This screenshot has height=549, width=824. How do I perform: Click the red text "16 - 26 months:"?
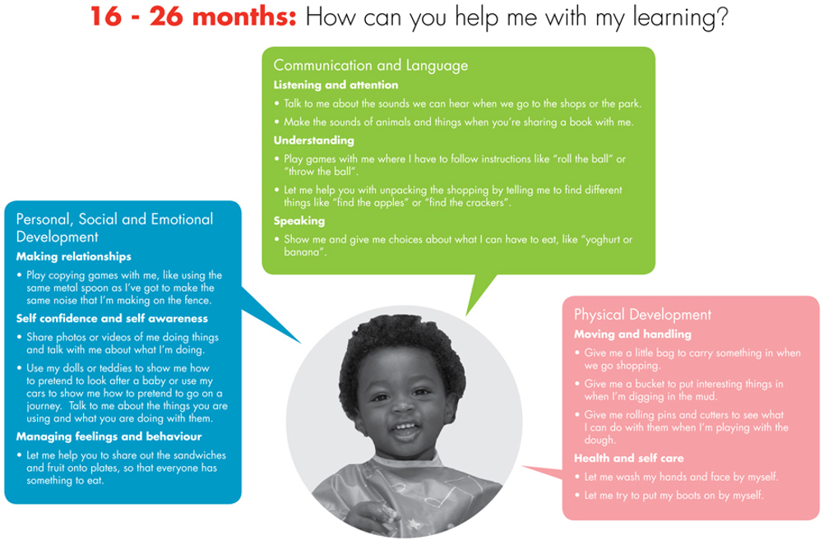tap(193, 16)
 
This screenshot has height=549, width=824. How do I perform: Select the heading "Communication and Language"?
tap(371, 66)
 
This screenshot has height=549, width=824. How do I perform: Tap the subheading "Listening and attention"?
tap(336, 85)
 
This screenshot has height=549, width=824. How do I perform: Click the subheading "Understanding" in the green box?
tap(314, 141)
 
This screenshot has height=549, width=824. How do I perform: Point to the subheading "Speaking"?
tap(299, 220)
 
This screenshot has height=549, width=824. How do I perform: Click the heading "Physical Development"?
tap(642, 315)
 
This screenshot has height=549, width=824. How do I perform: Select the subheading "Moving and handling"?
tap(632, 334)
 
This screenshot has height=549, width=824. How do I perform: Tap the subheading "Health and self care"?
tap(628, 458)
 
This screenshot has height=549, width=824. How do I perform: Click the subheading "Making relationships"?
tap(73, 256)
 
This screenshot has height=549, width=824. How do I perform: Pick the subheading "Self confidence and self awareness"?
tap(112, 318)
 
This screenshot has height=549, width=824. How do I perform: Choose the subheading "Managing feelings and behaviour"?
tap(109, 436)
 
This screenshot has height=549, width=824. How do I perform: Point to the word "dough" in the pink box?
tap(599, 441)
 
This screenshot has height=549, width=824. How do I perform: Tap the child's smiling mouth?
tap(405, 430)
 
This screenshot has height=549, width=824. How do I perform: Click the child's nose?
tap(402, 404)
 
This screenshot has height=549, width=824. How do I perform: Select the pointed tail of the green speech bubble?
tap(466, 316)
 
